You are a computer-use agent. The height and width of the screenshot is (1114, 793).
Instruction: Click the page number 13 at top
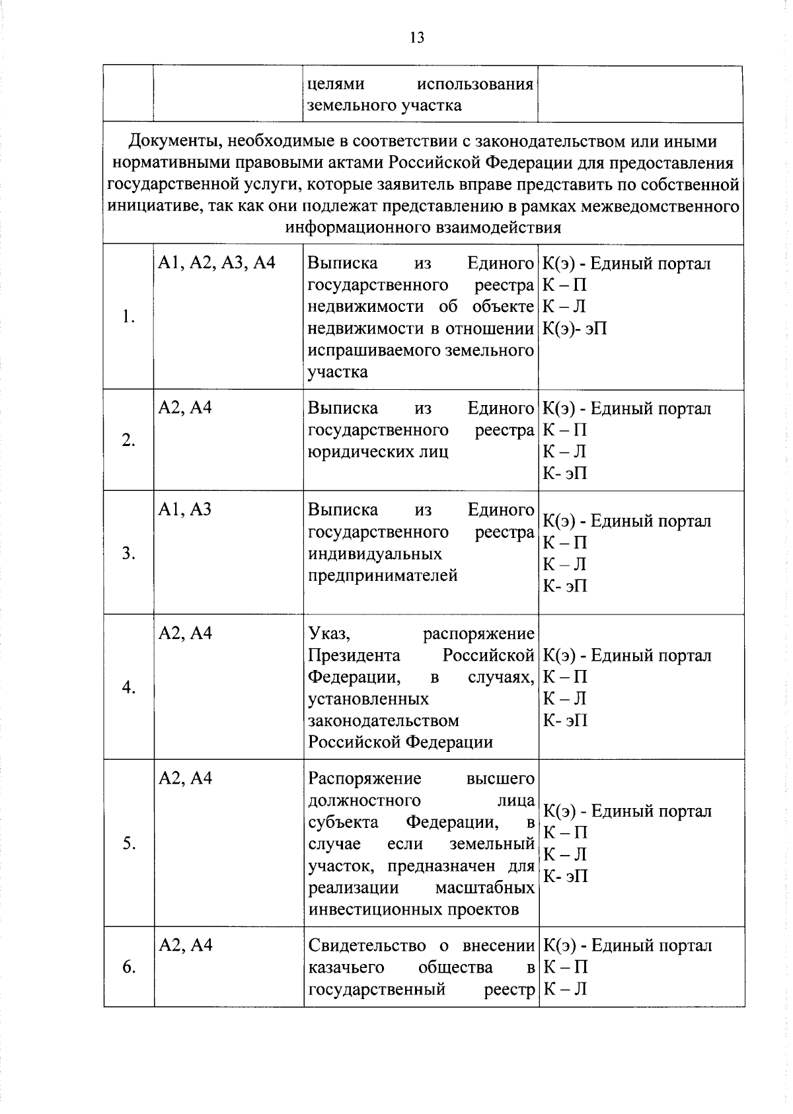click(416, 38)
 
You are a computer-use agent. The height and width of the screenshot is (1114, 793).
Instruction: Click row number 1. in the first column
click(128, 316)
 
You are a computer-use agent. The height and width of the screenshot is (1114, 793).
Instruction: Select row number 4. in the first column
click(128, 688)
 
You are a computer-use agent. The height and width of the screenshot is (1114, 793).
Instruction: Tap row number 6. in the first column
click(128, 967)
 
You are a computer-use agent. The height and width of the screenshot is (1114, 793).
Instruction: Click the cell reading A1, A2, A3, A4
click(216, 264)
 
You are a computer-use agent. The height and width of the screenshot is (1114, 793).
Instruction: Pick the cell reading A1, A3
click(184, 509)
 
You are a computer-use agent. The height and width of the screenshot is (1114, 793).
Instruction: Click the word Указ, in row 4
click(328, 634)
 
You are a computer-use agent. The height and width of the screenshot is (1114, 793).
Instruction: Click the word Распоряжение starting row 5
click(364, 778)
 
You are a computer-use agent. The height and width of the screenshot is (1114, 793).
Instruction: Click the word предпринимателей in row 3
click(383, 576)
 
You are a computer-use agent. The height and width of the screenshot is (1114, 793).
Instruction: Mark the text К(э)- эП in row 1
click(574, 328)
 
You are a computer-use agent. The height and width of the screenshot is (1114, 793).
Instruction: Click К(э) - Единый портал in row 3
click(626, 521)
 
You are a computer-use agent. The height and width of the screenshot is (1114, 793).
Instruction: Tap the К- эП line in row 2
click(564, 474)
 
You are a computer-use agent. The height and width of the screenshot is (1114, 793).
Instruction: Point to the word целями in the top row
click(336, 85)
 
